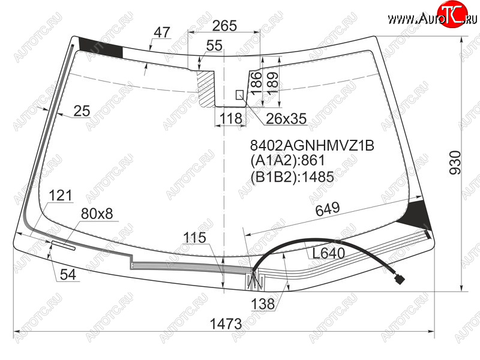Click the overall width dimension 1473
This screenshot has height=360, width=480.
(226, 323)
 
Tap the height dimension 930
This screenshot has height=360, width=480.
(455, 163)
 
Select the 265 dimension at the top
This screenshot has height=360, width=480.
(224, 26)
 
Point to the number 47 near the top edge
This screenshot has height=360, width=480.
(162, 32)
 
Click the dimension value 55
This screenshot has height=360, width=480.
(214, 46)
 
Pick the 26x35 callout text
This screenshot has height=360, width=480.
(286, 119)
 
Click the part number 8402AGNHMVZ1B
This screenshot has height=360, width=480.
(312, 146)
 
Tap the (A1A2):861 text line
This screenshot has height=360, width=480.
(287, 160)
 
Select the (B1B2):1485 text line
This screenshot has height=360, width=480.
(292, 176)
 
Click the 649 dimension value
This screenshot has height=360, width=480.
(328, 209)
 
